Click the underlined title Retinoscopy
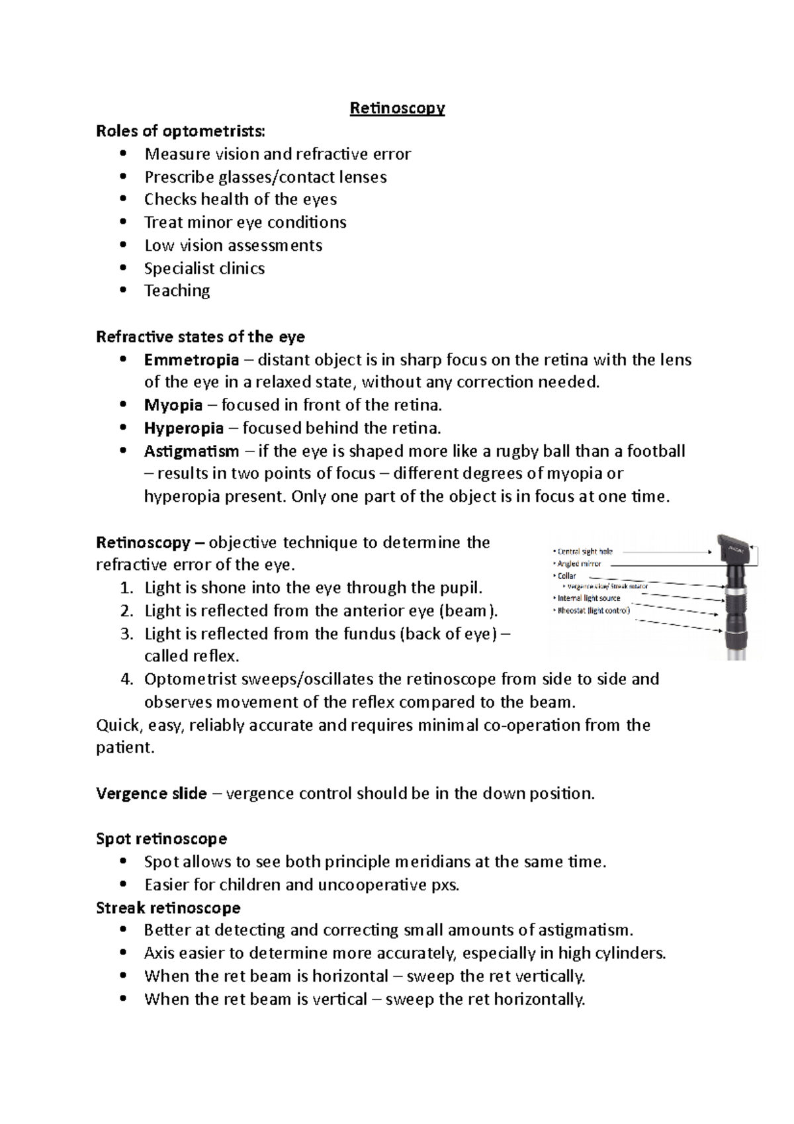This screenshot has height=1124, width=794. coord(397,108)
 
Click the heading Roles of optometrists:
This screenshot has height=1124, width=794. coord(180,131)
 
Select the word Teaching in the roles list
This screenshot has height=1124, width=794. coord(177,291)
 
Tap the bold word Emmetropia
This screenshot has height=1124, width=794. coord(191,360)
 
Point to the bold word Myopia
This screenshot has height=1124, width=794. coord(173,405)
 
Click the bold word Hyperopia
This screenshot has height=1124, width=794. coord(184,428)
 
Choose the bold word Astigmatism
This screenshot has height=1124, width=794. coord(192,451)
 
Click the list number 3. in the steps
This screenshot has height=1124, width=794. coord(128,634)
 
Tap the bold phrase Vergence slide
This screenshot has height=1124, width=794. coord(152,794)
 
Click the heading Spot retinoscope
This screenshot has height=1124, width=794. coord(161,839)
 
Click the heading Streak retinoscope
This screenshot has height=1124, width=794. coord(168,908)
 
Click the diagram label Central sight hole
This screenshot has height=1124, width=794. coord(585,551)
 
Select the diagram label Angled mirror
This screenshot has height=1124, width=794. coord(580,564)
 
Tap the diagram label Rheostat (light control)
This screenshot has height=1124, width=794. coord(594,610)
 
